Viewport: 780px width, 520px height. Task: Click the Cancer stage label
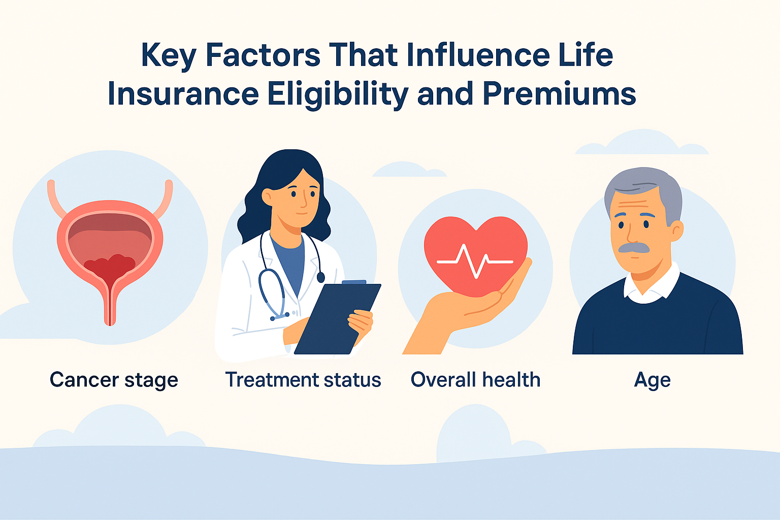[x=114, y=380]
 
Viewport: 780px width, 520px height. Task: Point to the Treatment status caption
[x=303, y=380]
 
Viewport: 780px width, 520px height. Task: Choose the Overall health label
[x=475, y=380]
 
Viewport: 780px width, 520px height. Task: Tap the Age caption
[x=652, y=380]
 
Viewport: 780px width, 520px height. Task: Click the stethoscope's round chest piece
[x=320, y=277]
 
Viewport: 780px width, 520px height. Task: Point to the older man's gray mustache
[x=634, y=248]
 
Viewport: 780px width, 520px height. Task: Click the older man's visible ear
[x=676, y=231]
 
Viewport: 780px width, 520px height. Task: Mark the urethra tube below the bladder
[x=110, y=305]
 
